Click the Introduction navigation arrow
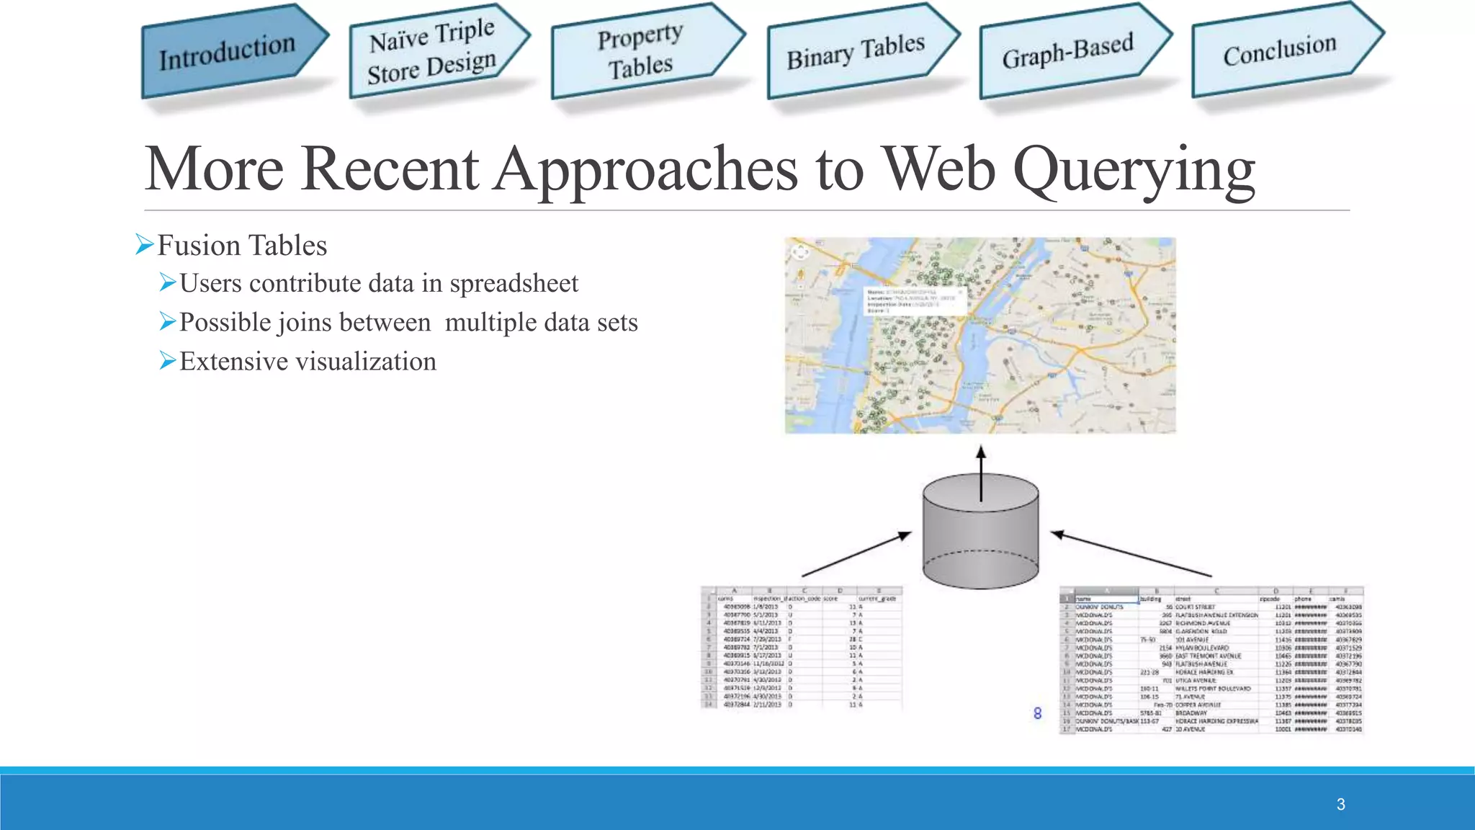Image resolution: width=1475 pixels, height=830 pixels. click(x=229, y=52)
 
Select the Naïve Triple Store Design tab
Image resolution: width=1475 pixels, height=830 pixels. click(x=432, y=52)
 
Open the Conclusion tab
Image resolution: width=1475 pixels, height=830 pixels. click(x=1280, y=50)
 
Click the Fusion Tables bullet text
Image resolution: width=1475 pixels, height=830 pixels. click(x=242, y=246)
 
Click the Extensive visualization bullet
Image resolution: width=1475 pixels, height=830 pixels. click(x=308, y=361)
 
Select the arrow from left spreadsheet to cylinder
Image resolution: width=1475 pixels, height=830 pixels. click(x=856, y=554)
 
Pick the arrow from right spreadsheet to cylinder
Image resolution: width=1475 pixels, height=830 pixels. click(x=1131, y=554)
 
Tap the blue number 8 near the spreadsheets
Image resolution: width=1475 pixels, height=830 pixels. click(x=1037, y=713)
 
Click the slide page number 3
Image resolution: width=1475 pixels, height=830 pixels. click(x=1340, y=804)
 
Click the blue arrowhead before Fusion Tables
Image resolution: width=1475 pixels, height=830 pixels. click(x=144, y=245)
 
